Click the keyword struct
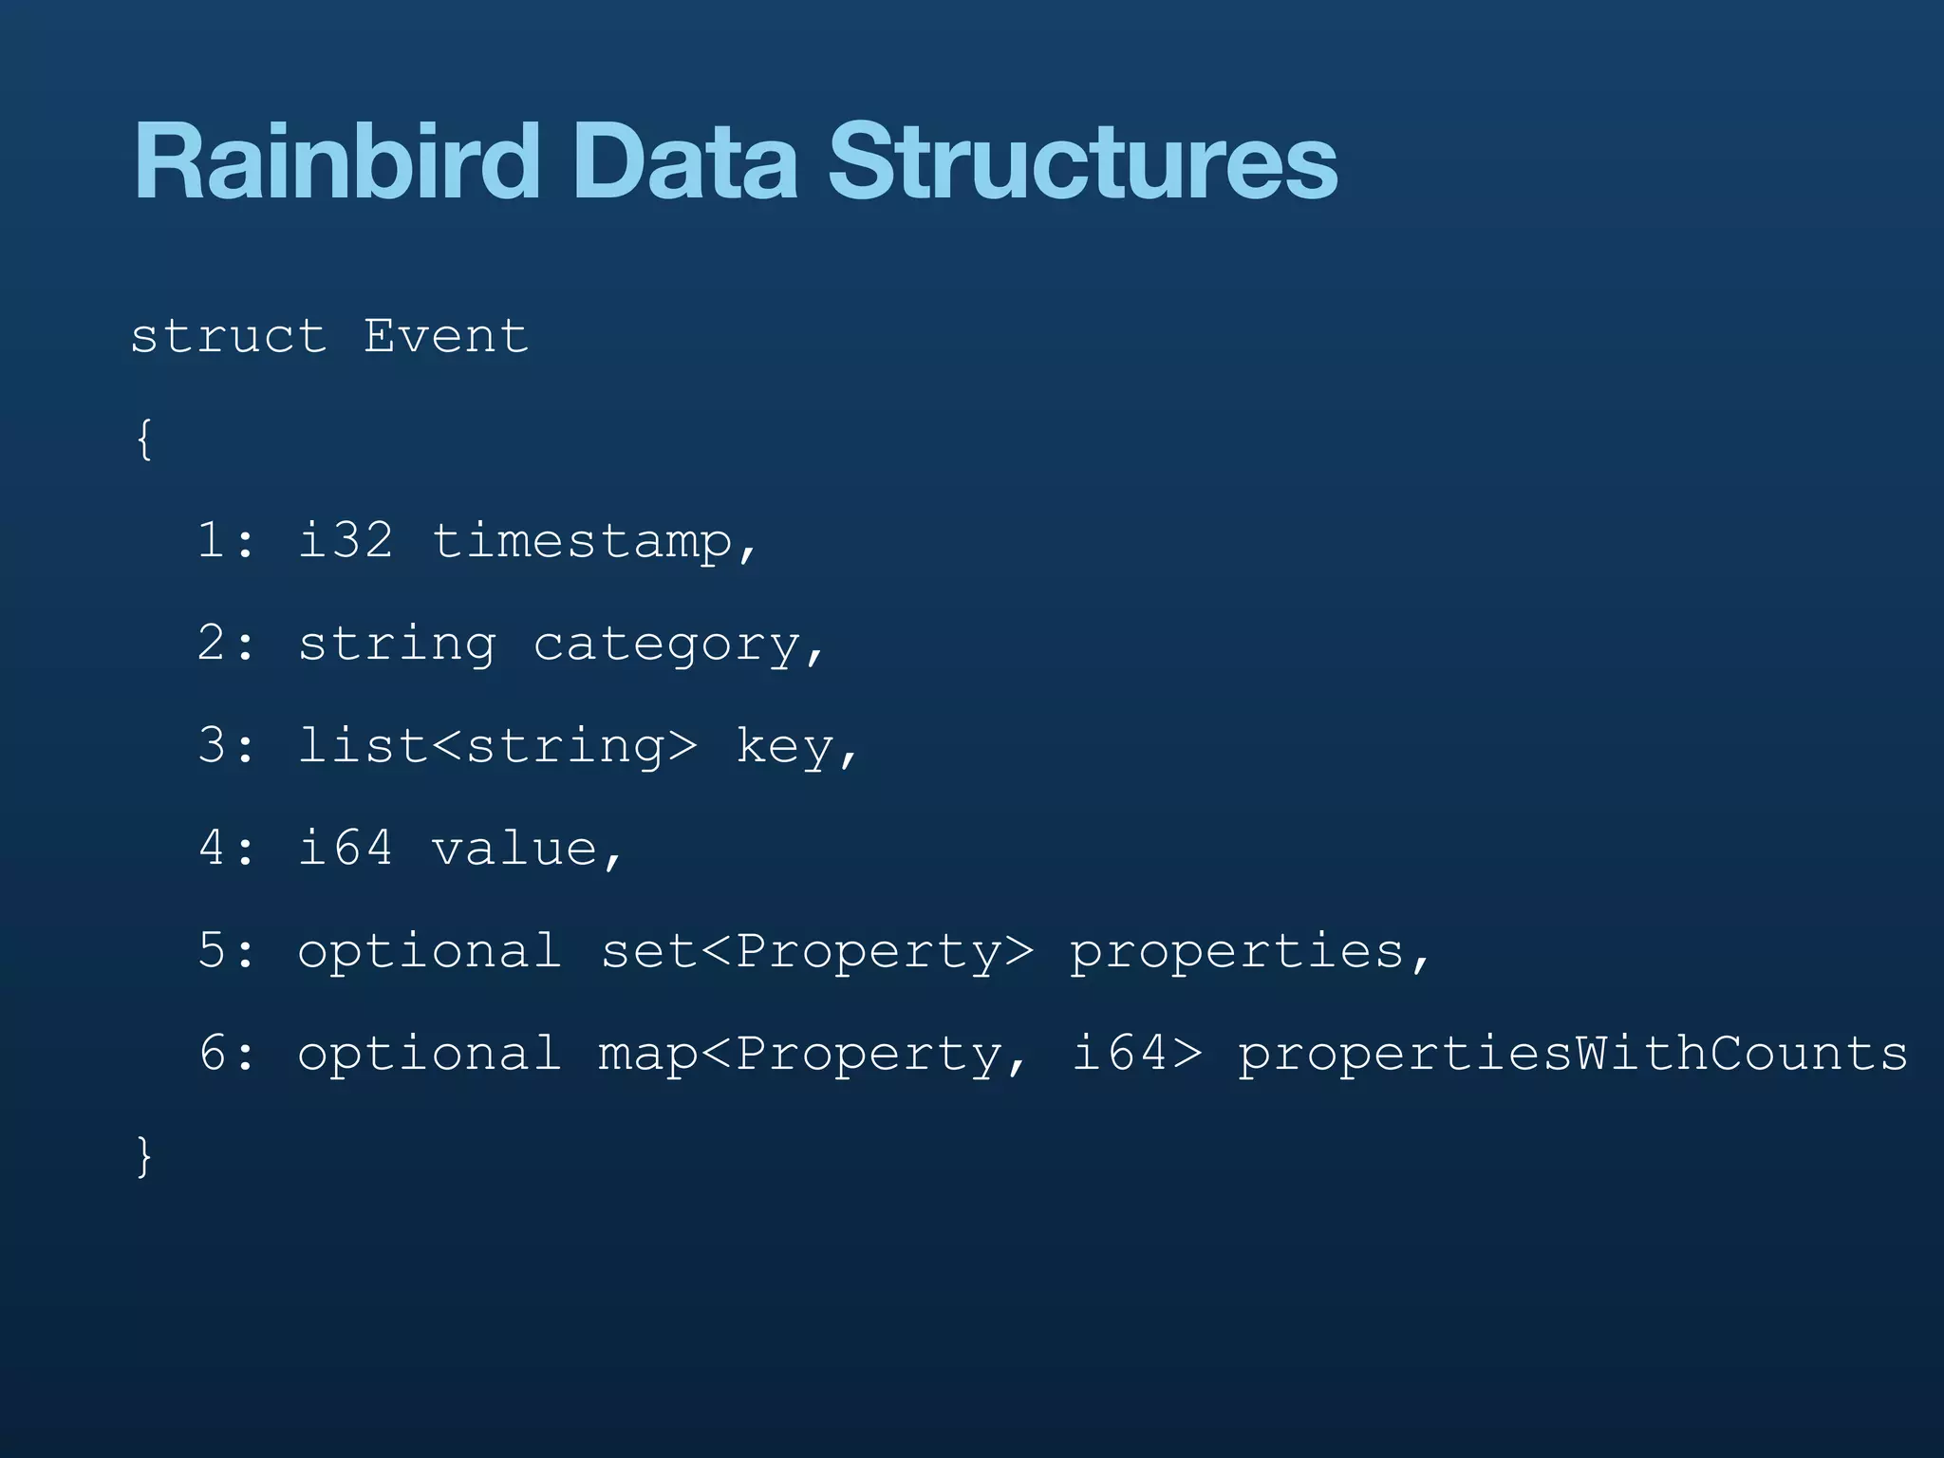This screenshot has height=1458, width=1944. (228, 336)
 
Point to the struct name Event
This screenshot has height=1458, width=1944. (445, 336)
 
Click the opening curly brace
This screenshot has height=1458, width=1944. (144, 439)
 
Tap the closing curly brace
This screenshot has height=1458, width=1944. (144, 1156)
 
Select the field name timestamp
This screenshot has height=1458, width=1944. (583, 542)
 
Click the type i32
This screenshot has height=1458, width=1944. (345, 541)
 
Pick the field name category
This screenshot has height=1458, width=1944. (667, 645)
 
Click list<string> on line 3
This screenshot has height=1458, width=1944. (497, 746)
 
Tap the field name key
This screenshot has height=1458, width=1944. (785, 747)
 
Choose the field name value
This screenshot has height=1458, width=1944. (514, 848)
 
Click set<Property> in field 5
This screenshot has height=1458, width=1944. (816, 952)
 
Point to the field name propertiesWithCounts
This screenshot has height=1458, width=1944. (1572, 1055)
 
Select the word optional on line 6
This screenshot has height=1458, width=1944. (429, 1055)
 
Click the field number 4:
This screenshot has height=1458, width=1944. (226, 848)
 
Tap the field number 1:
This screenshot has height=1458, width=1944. (226, 541)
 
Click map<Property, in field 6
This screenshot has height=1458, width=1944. (812, 1055)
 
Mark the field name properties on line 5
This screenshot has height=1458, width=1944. (1237, 952)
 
